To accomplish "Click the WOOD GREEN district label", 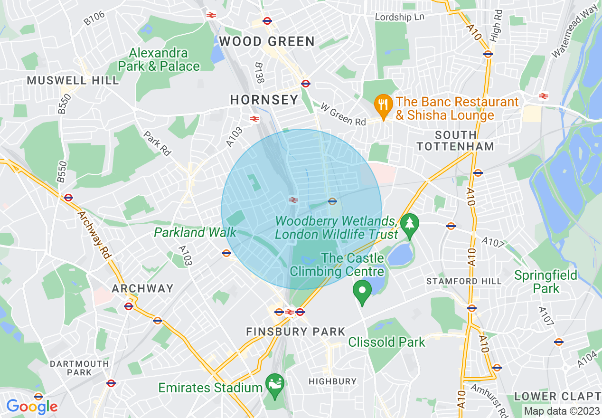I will pyautogui.click(x=267, y=41).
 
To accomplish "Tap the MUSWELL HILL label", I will pyautogui.click(x=73, y=80).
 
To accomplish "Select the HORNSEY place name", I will pyautogui.click(x=264, y=100).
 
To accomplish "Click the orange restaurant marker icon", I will pyautogui.click(x=383, y=104).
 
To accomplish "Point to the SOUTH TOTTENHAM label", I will pyautogui.click(x=455, y=141).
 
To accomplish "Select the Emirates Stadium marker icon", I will pyautogui.click(x=274, y=381).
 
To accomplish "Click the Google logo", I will pyautogui.click(x=31, y=407).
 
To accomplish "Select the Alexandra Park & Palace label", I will pyautogui.click(x=159, y=59).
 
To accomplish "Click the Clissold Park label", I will pyautogui.click(x=386, y=342).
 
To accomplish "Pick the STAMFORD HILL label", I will pyautogui.click(x=464, y=281).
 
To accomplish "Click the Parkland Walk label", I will pyautogui.click(x=195, y=232).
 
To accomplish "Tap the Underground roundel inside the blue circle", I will pyautogui.click(x=332, y=201).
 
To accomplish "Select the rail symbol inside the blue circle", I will pyautogui.click(x=293, y=200).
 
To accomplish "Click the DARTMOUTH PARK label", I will pyautogui.click(x=79, y=368).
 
